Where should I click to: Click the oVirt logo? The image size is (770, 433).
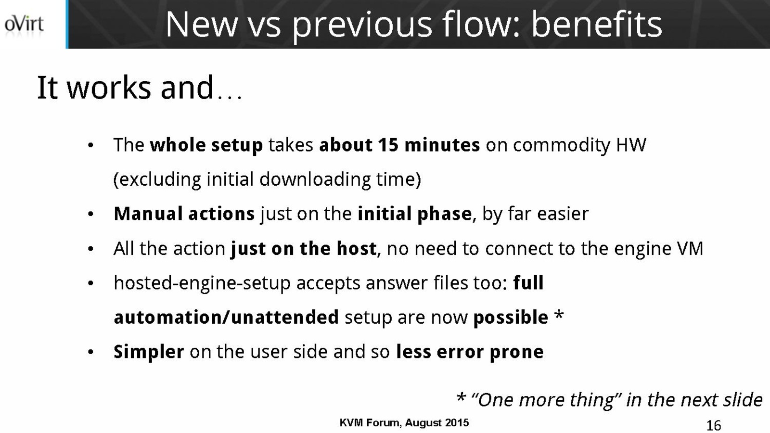[24, 25]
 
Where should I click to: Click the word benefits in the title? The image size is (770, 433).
[597, 25]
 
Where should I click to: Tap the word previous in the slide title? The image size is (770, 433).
[362, 26]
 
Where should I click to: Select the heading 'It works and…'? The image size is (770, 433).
[140, 88]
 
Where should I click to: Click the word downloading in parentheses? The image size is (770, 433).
[315, 179]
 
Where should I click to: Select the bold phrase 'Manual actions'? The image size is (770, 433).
[184, 214]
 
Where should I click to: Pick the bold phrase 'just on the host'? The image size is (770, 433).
[304, 248]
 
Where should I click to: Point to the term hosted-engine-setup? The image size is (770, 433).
[202, 283]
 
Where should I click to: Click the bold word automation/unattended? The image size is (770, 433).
[226, 317]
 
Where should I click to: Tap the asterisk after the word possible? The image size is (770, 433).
[559, 314]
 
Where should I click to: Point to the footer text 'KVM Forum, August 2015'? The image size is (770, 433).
[404, 423]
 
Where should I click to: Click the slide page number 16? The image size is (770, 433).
[714, 425]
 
